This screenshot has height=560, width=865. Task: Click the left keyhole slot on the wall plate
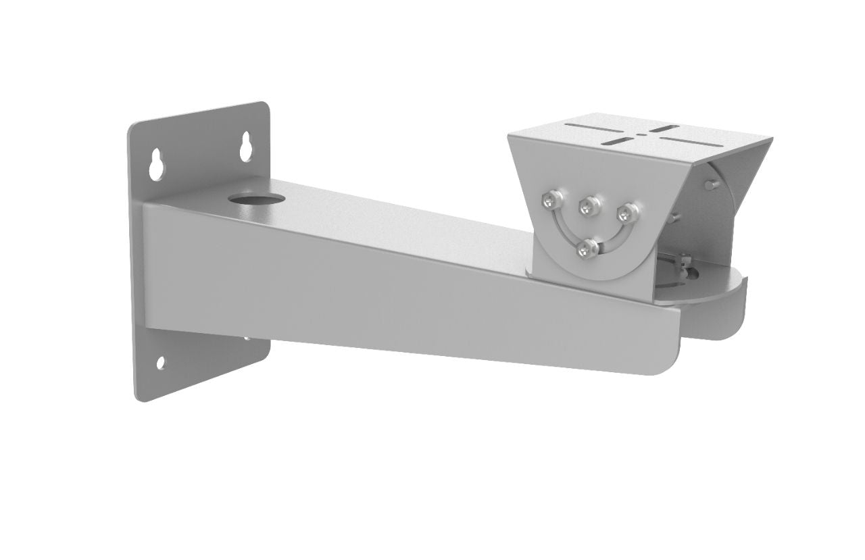(x=157, y=163)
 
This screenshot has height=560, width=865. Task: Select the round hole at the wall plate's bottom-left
(x=161, y=363)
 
